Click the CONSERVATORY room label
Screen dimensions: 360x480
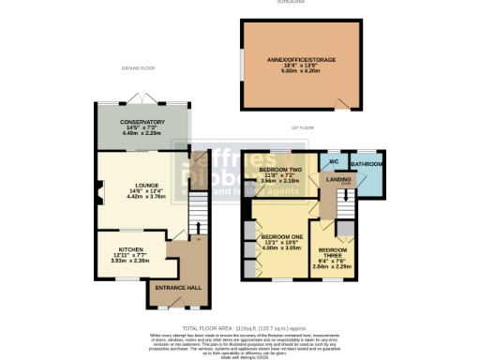[142, 122]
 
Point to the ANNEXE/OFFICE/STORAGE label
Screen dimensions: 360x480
[302, 59]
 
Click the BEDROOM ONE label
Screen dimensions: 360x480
[281, 236]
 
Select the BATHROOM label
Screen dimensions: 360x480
[367, 164]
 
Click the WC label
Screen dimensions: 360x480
[334, 160]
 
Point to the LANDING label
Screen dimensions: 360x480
[338, 180]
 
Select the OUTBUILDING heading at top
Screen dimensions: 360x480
[302, 3]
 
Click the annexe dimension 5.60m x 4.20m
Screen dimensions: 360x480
[302, 71]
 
